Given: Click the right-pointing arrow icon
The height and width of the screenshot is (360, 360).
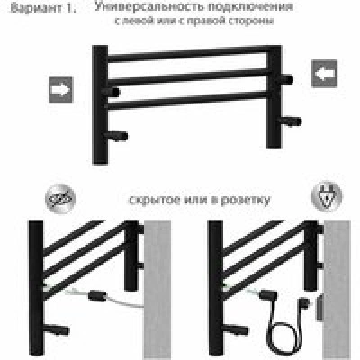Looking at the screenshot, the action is point(61,90).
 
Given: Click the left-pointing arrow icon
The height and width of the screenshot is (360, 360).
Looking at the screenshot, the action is point(324,74).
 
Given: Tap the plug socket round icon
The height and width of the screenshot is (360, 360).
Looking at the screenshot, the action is point(327,197).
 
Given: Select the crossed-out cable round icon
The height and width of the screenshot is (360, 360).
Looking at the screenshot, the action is point(60,199).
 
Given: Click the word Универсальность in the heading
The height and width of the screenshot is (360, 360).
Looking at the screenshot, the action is point(149,6).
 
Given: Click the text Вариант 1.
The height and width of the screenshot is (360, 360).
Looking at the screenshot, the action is point(42,8).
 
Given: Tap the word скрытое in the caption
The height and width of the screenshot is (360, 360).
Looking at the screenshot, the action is point(154,200).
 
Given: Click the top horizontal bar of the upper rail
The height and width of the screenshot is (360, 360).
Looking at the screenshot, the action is point(187,55).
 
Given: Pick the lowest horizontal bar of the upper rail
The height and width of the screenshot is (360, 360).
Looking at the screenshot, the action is point(187,101).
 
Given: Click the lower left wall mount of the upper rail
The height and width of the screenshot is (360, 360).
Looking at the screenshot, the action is point(116,136).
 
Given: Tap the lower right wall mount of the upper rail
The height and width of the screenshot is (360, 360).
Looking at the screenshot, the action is point(290,121).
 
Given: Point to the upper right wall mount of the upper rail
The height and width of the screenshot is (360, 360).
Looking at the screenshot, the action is point(286,79).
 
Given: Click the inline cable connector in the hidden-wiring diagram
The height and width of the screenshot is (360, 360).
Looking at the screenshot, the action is point(97,295).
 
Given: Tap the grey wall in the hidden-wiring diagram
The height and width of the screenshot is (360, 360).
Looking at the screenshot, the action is point(157,289).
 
